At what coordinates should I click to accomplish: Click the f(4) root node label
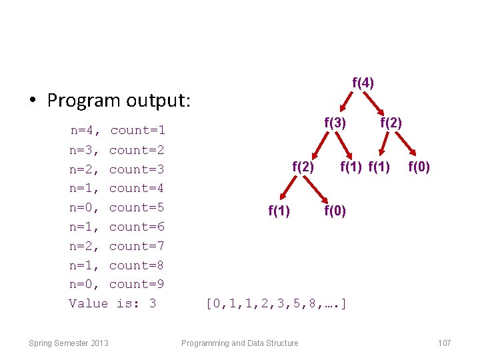(x=363, y=83)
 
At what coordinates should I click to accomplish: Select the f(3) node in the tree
(x=335, y=123)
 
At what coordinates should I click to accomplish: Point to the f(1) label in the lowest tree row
(x=279, y=211)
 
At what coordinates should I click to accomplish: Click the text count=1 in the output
(x=137, y=130)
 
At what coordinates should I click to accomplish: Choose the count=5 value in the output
(x=137, y=207)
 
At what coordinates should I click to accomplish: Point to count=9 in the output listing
(x=137, y=284)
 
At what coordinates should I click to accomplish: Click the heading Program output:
(x=119, y=101)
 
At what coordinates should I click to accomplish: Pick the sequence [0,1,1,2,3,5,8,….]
(x=275, y=304)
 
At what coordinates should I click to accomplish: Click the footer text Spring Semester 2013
(x=69, y=343)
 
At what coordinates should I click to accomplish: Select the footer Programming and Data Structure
(x=240, y=343)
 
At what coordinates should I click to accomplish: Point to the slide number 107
(x=445, y=343)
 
